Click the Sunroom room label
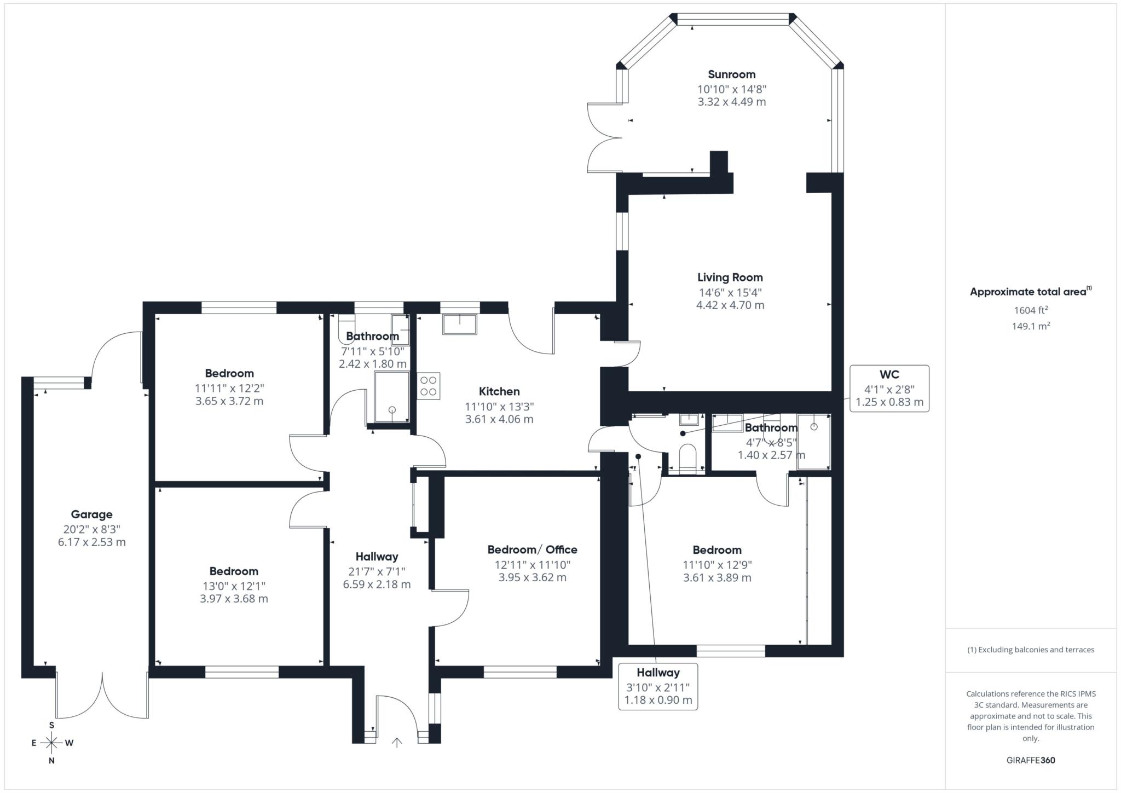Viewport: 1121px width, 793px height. (x=731, y=74)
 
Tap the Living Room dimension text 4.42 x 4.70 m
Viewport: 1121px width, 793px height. (x=730, y=305)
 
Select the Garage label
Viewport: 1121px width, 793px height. (x=91, y=514)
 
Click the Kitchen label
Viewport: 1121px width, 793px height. (x=499, y=391)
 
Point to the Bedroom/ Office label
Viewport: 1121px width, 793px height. (x=532, y=549)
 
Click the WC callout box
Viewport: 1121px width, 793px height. (x=889, y=388)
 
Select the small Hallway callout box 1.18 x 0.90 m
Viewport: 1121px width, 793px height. (x=658, y=686)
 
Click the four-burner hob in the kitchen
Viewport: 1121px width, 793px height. (x=429, y=386)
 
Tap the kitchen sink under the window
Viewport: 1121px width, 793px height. (x=459, y=324)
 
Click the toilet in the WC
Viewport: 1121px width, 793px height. (x=687, y=458)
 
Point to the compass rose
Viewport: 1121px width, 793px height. (x=51, y=743)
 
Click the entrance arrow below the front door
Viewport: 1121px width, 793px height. (x=397, y=742)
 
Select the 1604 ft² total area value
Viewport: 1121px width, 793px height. (x=1031, y=310)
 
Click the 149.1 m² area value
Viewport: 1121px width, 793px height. (x=1031, y=326)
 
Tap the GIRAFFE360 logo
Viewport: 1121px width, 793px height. (x=1031, y=760)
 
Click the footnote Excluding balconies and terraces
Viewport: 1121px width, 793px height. (x=1031, y=650)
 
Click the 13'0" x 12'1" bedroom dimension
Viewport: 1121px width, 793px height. (x=234, y=586)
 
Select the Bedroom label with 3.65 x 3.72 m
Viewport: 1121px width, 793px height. (x=229, y=374)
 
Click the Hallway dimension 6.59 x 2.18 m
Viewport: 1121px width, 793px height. (x=377, y=584)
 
